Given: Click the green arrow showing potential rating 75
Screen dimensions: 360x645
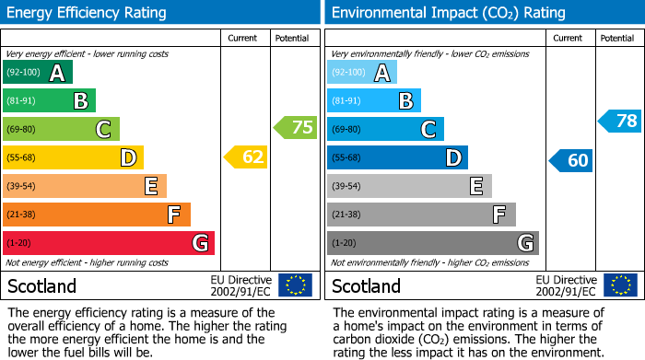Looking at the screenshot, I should click(295, 128).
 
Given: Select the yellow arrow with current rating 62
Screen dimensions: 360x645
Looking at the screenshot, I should click(246, 157).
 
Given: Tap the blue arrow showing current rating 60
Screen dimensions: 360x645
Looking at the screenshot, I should click(570, 160).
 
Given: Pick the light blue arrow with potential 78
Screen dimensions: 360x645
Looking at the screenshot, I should click(620, 121).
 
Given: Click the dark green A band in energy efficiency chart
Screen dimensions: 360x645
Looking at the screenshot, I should click(37, 72).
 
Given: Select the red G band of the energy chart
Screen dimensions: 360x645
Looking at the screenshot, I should click(108, 243).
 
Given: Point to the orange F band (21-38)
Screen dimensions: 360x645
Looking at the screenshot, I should click(96, 215).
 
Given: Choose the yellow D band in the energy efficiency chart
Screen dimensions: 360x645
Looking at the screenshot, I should click(73, 157).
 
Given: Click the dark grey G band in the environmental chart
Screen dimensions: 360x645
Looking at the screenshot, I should click(432, 243).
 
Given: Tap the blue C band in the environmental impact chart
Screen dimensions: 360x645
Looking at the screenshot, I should click(385, 129).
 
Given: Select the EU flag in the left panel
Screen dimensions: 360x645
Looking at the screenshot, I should click(295, 285).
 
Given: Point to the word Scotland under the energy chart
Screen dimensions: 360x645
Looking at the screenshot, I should click(41, 285).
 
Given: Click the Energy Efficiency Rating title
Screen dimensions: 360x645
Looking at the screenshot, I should click(88, 13).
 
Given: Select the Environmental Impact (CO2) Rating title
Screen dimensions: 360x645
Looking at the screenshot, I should click(448, 13).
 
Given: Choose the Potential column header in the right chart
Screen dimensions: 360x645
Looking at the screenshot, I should click(616, 39).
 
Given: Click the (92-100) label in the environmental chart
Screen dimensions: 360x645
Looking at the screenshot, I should click(348, 72).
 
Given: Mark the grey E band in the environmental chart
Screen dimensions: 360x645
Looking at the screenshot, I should click(409, 186).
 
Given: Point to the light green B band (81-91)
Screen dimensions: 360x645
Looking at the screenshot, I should click(49, 100).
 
